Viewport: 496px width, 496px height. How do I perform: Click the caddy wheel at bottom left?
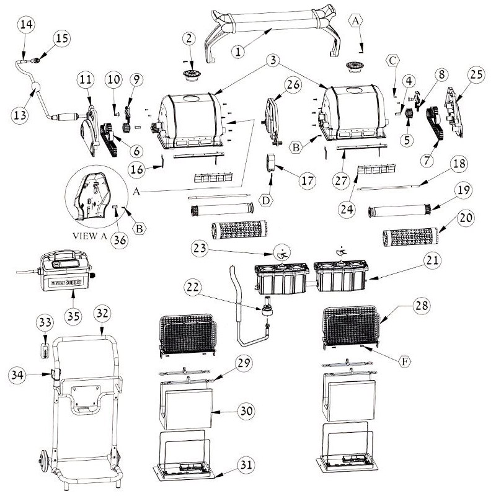(44, 462)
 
